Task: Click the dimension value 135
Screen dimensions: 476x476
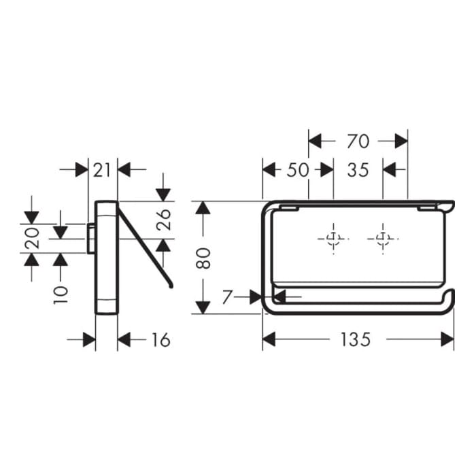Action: click(356, 340)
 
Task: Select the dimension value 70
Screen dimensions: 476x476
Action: click(358, 141)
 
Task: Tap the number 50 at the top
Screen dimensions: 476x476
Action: click(298, 170)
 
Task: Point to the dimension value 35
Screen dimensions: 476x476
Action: click(358, 170)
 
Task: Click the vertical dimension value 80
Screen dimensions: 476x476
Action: click(203, 258)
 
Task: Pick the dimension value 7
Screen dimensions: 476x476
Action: click(227, 297)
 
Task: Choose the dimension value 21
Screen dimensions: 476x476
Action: click(101, 170)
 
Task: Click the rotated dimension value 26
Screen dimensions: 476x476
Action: click(164, 220)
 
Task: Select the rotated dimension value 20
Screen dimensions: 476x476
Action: click(32, 238)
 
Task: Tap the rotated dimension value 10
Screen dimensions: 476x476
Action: click(61, 294)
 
